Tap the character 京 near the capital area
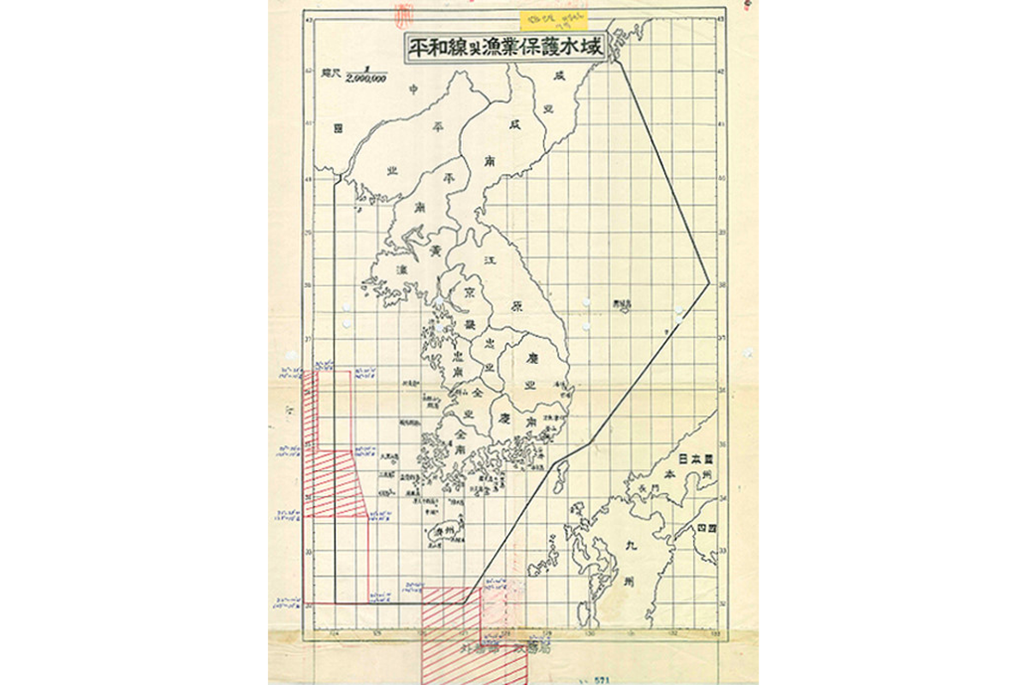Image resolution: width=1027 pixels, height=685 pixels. tap(469, 291)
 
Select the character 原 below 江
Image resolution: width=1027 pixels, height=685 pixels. tap(515, 307)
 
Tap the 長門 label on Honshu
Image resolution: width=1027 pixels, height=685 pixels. tap(649, 489)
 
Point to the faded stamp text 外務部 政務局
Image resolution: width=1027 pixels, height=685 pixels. tap(504, 649)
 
